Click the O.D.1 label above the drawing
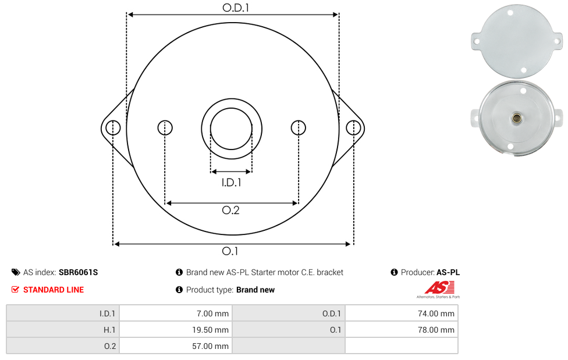point(236,8)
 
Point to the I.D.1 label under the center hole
point(231,182)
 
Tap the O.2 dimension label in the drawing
point(230,210)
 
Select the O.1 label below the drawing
point(230,251)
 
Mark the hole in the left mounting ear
point(113,128)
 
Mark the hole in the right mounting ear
point(353,128)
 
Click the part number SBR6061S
point(78,272)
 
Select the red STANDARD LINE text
point(54,290)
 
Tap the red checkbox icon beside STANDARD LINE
point(15,290)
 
